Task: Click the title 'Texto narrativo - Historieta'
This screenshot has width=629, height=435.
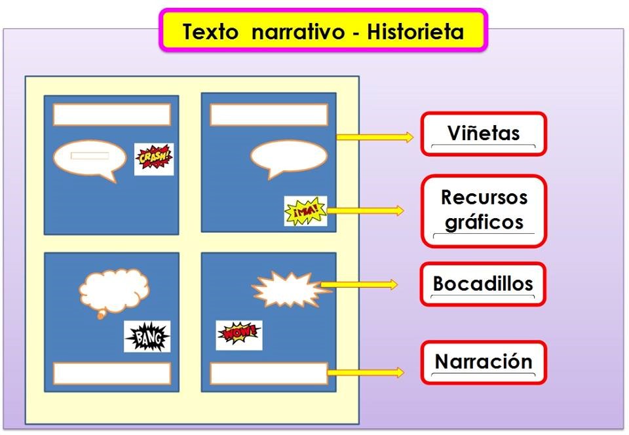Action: (x=323, y=31)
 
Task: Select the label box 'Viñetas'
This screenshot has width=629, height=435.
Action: (x=483, y=134)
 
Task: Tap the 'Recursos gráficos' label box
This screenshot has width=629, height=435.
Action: (x=483, y=210)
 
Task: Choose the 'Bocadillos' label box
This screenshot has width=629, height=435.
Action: (x=483, y=284)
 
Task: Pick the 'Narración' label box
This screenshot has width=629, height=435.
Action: (x=483, y=362)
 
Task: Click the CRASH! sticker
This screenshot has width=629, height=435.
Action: (x=154, y=159)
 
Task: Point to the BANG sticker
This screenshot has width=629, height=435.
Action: (x=147, y=337)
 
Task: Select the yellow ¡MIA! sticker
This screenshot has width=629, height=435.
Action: (x=305, y=211)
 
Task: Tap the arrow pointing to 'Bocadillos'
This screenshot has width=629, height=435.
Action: (x=359, y=284)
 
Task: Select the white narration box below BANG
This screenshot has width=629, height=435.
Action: (x=111, y=373)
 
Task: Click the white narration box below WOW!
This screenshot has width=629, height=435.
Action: (x=269, y=373)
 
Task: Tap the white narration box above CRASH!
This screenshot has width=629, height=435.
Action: (x=111, y=115)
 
